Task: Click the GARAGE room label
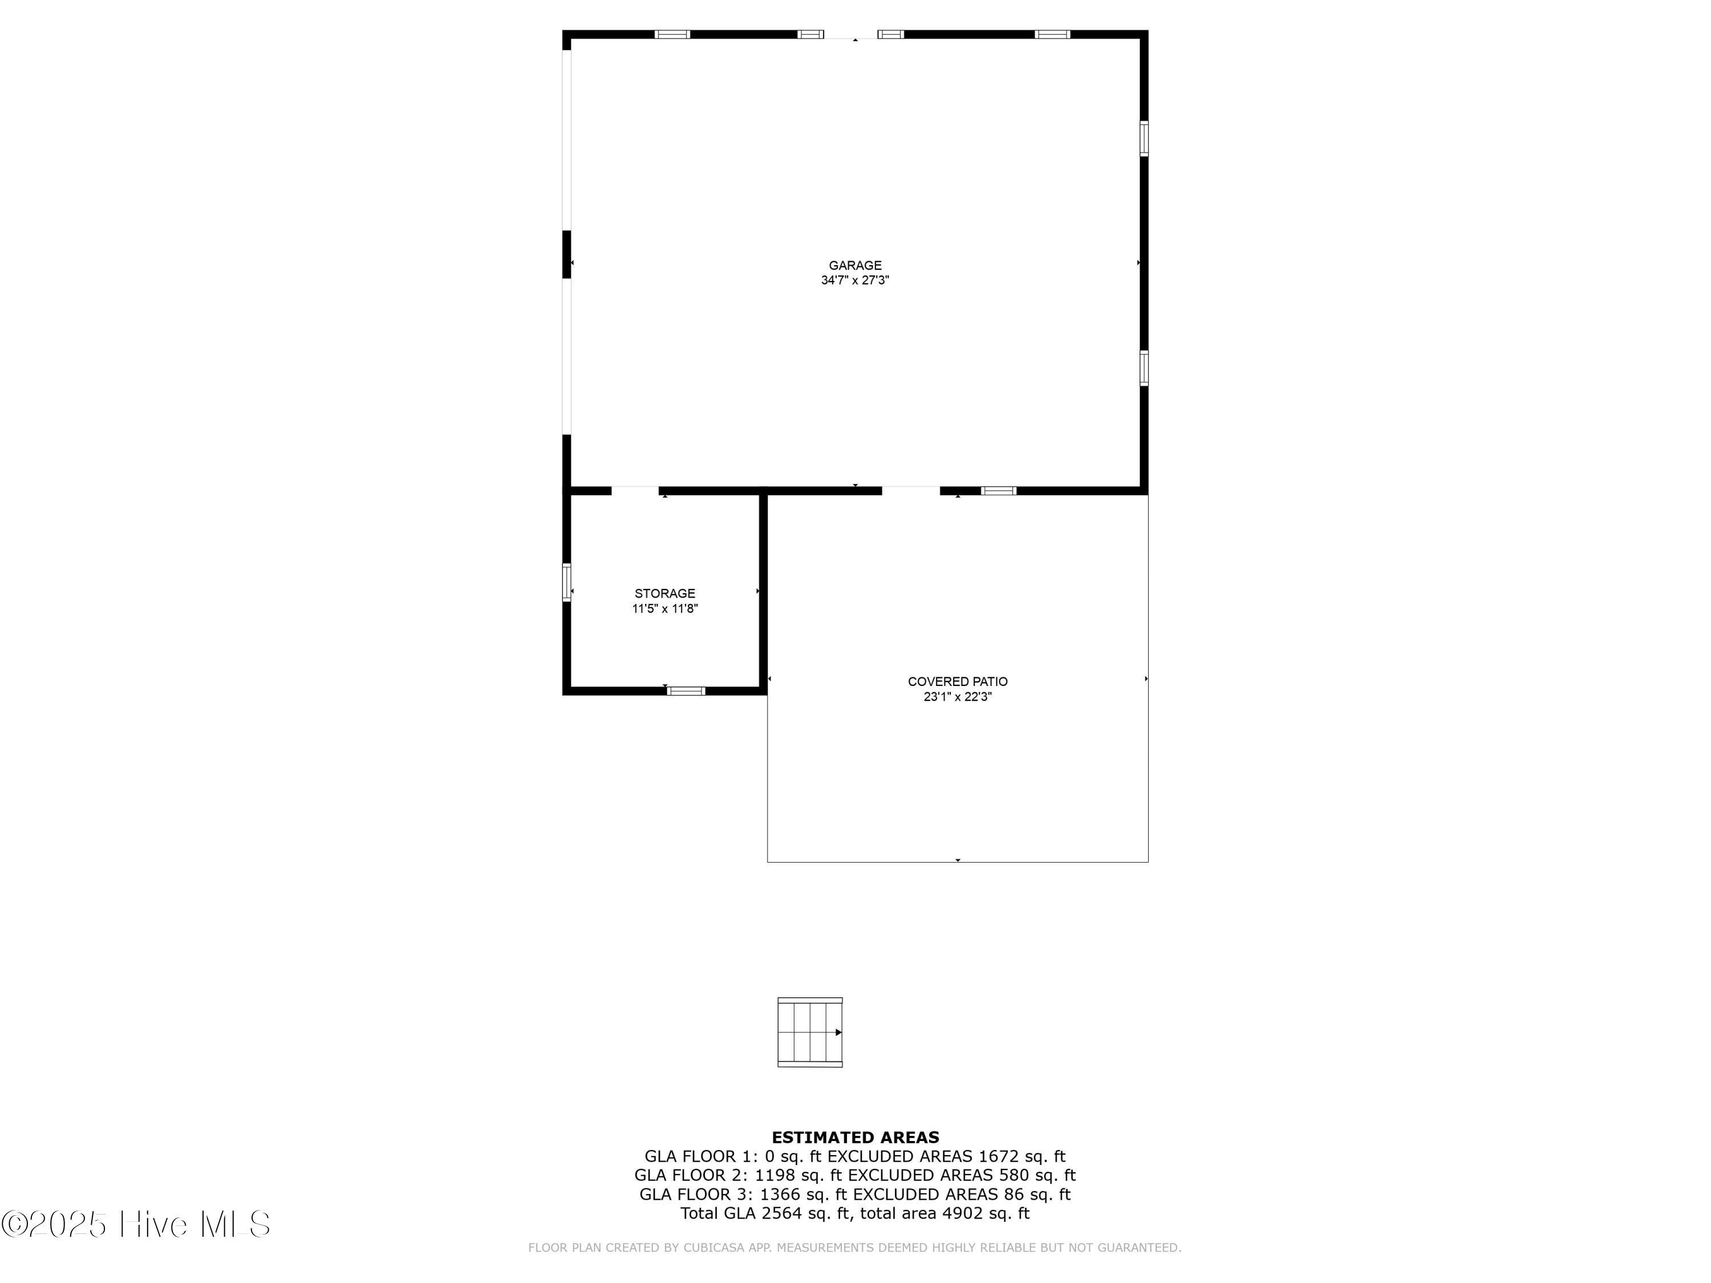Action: coord(855,265)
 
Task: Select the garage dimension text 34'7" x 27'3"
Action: coord(855,281)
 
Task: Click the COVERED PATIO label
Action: coord(958,682)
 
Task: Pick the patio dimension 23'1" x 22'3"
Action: coord(958,697)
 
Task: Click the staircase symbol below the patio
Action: coord(810,1033)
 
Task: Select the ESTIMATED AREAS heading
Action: coord(855,1138)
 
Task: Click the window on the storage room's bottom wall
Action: coord(686,691)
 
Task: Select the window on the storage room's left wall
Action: coord(567,582)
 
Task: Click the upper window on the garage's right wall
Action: coord(1144,139)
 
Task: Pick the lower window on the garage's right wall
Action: coord(1144,368)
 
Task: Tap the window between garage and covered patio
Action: coord(999,490)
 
